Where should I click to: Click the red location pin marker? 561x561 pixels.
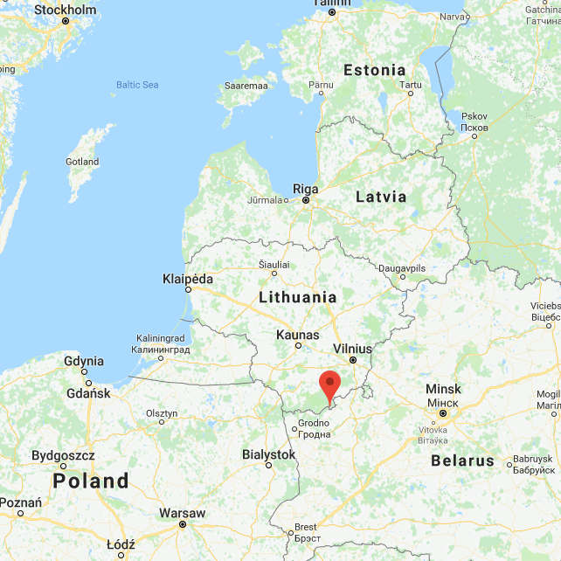click(x=329, y=385)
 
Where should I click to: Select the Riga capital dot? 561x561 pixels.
click(x=306, y=200)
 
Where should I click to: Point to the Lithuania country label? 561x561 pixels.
click(x=297, y=297)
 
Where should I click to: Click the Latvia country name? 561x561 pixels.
click(x=381, y=197)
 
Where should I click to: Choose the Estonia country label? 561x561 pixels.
click(x=374, y=70)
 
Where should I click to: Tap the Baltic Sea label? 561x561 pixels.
click(x=137, y=85)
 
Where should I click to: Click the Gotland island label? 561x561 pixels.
click(x=82, y=162)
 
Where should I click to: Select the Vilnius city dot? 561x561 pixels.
click(x=353, y=359)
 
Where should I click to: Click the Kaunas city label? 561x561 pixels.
click(x=297, y=335)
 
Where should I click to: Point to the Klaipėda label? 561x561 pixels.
click(x=188, y=280)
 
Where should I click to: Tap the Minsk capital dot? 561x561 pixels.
click(x=443, y=413)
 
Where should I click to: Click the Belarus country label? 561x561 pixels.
click(x=462, y=461)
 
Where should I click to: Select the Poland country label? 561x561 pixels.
click(x=91, y=481)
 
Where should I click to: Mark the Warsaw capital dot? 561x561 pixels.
click(x=182, y=524)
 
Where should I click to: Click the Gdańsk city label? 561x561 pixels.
click(x=87, y=393)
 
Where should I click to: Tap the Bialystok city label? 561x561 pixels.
click(x=268, y=454)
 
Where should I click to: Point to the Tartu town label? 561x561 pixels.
click(x=410, y=85)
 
